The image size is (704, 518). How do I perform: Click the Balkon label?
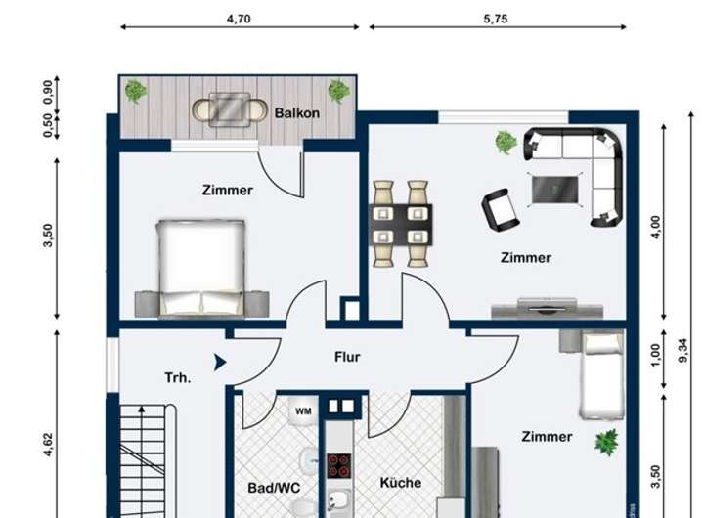(x=297, y=112)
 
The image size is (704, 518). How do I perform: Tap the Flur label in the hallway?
(x=347, y=357)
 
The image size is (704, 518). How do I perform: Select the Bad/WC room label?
(x=274, y=488)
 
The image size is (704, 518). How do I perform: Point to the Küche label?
(x=401, y=483)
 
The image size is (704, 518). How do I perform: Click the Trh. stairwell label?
(x=178, y=378)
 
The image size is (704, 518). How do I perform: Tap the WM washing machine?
(x=303, y=410)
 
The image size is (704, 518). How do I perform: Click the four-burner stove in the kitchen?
(x=339, y=466)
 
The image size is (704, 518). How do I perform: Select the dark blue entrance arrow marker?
(x=220, y=363)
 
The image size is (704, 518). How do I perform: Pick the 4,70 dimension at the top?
(x=239, y=19)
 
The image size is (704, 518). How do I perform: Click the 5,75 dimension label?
(x=495, y=19)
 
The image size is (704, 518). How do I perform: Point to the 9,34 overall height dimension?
(x=682, y=351)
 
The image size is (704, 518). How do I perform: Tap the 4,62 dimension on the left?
(x=48, y=445)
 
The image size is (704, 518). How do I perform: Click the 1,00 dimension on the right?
(x=656, y=355)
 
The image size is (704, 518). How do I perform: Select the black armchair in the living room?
(x=501, y=209)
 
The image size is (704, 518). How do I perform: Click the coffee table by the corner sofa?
(x=555, y=190)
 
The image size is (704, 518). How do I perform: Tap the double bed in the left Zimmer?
(x=200, y=268)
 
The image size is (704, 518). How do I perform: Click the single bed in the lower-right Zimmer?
(x=602, y=375)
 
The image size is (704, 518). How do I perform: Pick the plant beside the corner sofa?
(x=506, y=143)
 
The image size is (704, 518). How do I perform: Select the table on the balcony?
(x=230, y=109)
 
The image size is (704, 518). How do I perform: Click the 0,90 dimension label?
(x=48, y=92)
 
